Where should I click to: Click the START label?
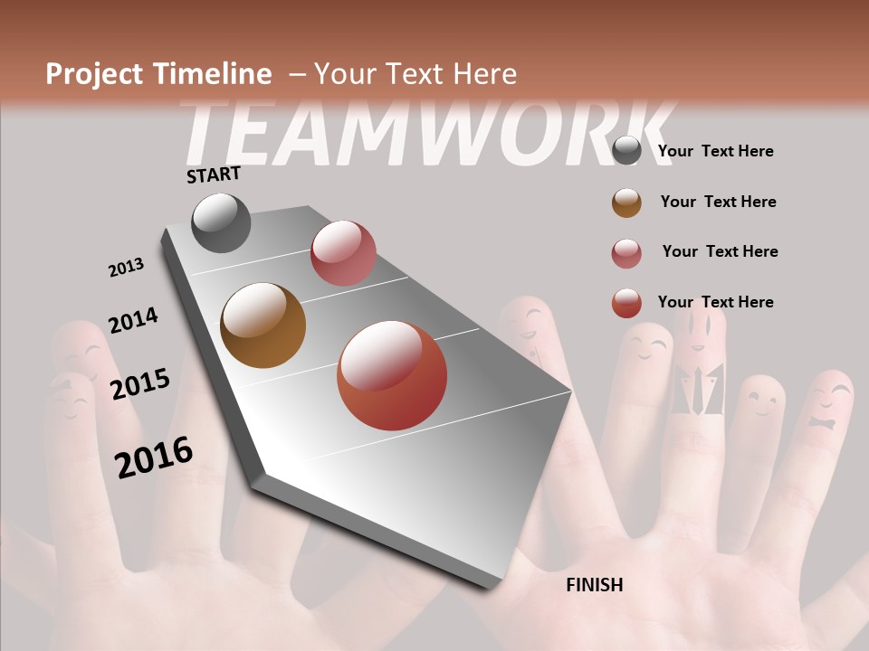tap(214, 175)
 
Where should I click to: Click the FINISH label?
tap(595, 585)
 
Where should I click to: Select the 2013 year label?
tap(126, 268)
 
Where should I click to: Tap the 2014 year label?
tap(133, 320)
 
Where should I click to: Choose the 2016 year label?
tap(154, 458)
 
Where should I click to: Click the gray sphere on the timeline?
tap(222, 222)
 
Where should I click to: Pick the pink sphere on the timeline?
tap(343, 253)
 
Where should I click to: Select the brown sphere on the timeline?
tap(263, 325)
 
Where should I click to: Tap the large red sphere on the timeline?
tap(392, 375)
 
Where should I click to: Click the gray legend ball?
tap(626, 150)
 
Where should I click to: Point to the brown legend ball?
tap(626, 203)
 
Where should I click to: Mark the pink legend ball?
tap(626, 253)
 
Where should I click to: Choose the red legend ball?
tap(626, 303)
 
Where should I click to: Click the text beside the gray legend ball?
tap(715, 151)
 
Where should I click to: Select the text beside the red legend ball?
tap(715, 302)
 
